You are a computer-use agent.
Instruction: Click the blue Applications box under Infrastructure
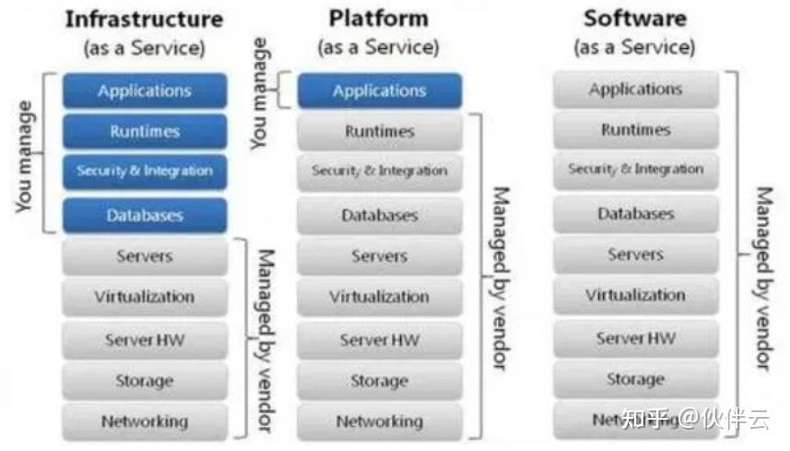click(145, 91)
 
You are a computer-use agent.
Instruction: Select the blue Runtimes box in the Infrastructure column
click(145, 132)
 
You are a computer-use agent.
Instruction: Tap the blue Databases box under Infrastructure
click(145, 216)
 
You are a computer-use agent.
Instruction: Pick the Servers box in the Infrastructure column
click(145, 256)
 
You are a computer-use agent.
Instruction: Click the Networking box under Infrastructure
click(145, 422)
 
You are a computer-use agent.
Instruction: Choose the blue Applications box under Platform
click(379, 91)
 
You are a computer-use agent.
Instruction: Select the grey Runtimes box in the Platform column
click(379, 132)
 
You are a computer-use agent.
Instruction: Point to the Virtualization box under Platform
click(379, 297)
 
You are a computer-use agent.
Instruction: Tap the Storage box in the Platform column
click(379, 381)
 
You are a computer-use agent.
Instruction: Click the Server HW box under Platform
click(379, 340)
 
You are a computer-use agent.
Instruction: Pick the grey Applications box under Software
click(635, 89)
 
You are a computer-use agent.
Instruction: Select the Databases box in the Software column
click(635, 214)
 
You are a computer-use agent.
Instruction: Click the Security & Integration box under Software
click(635, 170)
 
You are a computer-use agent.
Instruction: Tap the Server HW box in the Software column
click(635, 338)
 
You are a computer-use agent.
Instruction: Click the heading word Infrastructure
click(145, 19)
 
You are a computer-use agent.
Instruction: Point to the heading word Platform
click(378, 18)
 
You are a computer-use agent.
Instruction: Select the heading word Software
click(635, 18)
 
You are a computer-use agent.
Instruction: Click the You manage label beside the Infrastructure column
click(25, 157)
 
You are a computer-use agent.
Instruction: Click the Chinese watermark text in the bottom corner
click(701, 420)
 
